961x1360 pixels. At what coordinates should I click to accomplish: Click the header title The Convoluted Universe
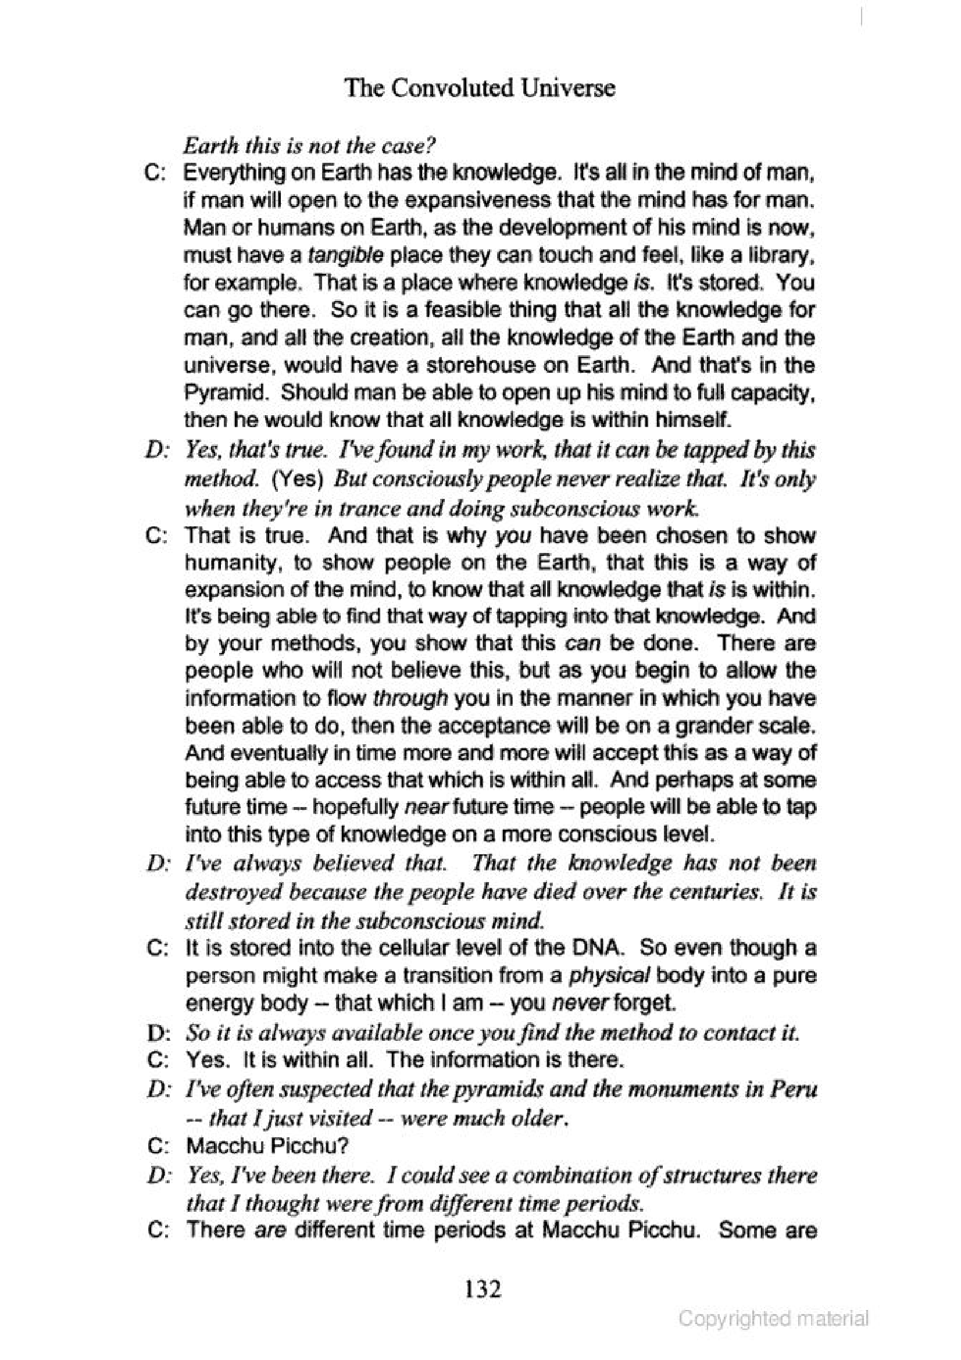(480, 89)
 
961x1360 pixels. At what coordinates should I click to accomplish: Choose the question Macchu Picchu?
(266, 1146)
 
